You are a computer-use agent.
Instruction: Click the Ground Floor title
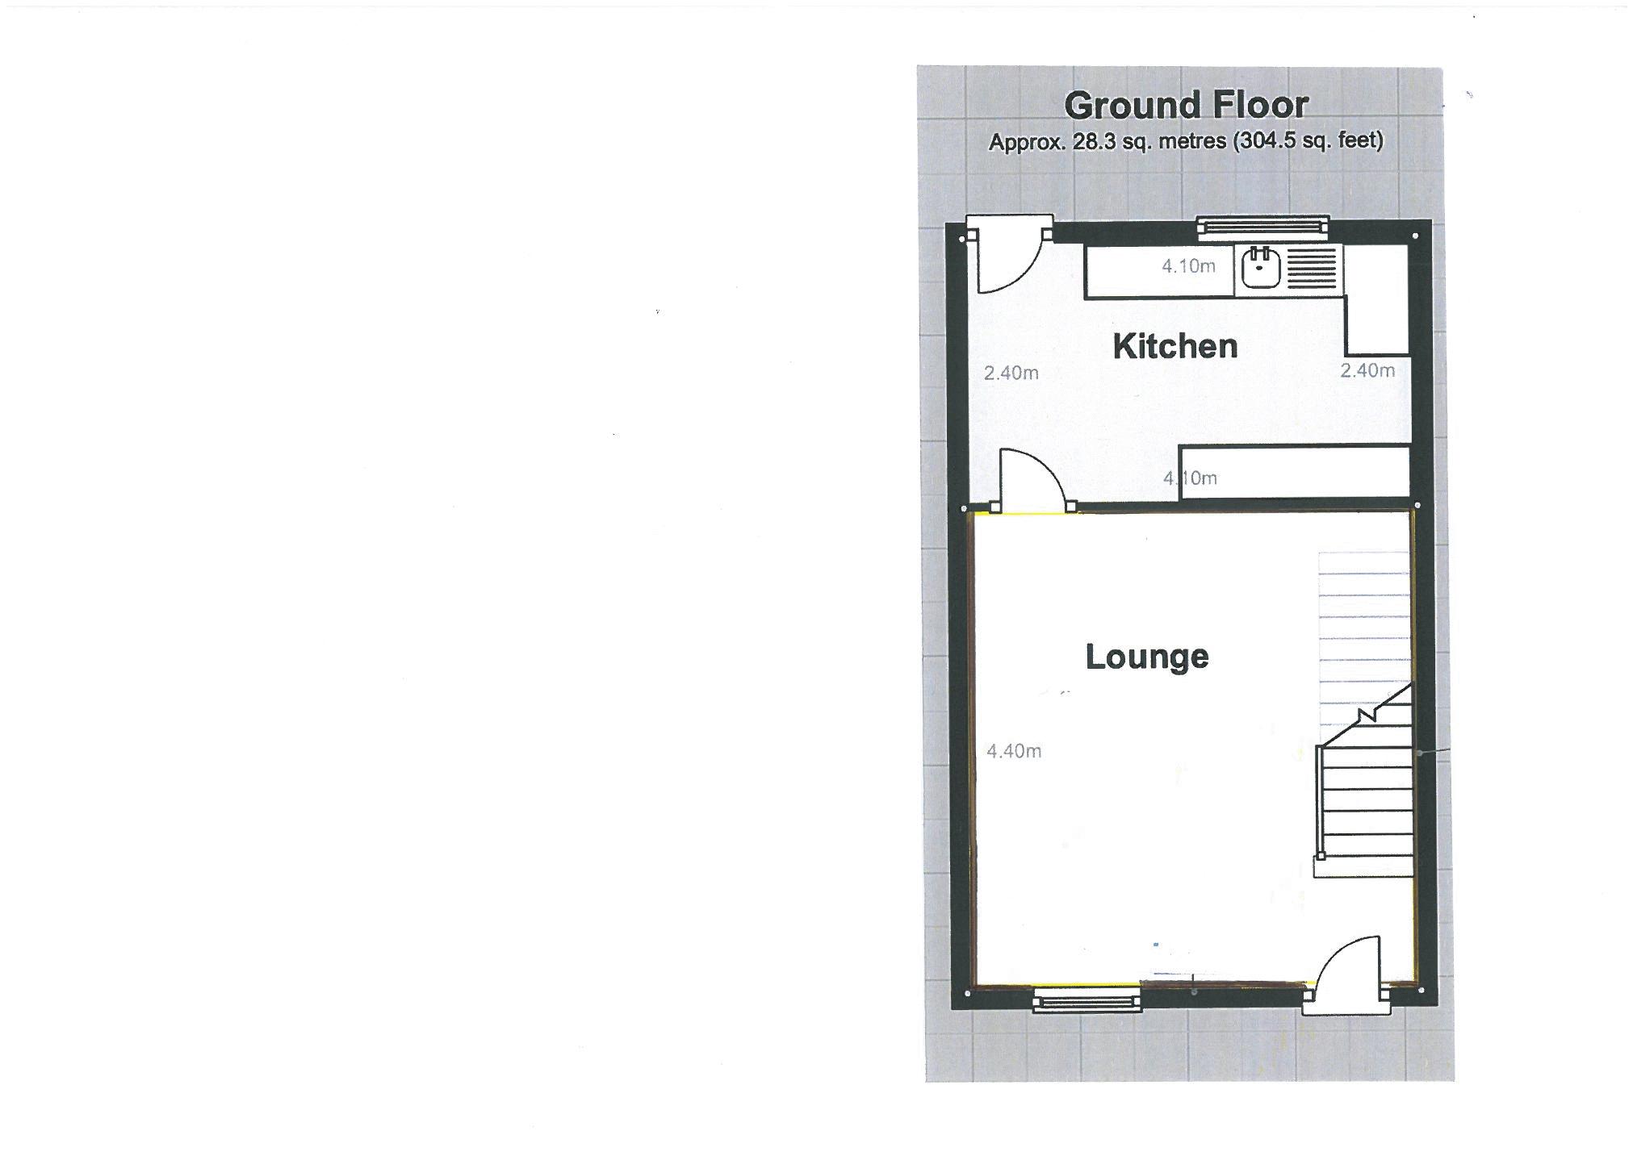tap(1185, 105)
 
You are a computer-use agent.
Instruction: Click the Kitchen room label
tap(1175, 346)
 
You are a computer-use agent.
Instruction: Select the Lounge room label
tap(1146, 657)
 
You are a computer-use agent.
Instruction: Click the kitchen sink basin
tap(1259, 269)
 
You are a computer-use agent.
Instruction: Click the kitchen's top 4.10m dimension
tap(1188, 266)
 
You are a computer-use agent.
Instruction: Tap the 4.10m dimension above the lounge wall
tap(1190, 478)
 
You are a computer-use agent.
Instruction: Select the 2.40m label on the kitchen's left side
tap(1011, 373)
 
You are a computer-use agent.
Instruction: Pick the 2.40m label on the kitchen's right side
tap(1367, 370)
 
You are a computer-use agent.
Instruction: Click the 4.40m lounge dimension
tap(1014, 751)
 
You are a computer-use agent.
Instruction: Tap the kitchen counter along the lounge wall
tap(1294, 471)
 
